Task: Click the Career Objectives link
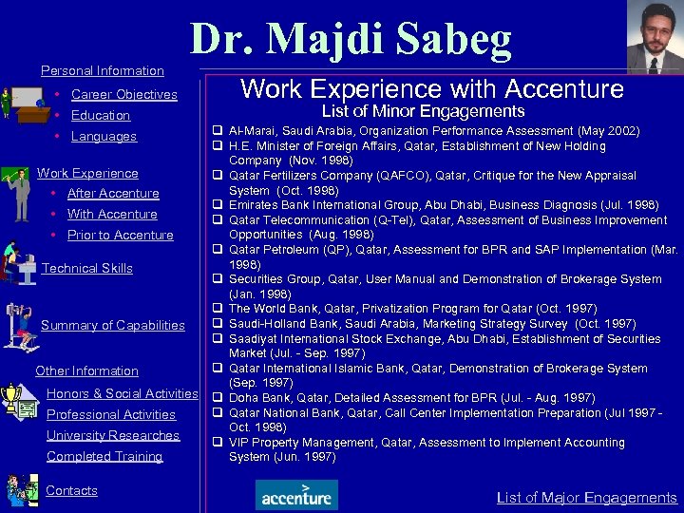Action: coord(123,94)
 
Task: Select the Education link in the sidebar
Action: coord(100,115)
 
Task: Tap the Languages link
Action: coord(104,136)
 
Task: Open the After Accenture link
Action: coord(113,193)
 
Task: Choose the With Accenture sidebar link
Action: coord(112,214)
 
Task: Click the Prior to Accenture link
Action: coord(120,235)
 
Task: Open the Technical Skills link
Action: coord(87,268)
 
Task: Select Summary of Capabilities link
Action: coord(112,325)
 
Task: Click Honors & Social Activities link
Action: coord(122,393)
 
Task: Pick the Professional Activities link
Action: coord(111,414)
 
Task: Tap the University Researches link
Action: coord(113,435)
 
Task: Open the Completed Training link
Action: coord(104,456)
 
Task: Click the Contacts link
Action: coord(71,490)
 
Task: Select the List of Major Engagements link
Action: coord(586,497)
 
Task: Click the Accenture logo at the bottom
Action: coord(296,494)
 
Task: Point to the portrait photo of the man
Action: coord(655,35)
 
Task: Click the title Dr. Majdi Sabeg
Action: coord(351,40)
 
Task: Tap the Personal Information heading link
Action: coord(102,70)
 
